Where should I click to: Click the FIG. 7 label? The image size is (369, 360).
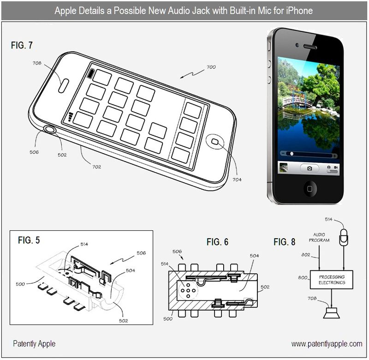coord(22,45)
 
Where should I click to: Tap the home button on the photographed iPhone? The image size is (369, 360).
coord(310,188)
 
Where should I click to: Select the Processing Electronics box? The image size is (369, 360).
coord(331,280)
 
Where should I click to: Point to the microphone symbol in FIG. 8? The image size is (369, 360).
coord(343,237)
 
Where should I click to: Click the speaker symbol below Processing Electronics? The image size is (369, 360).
coord(331,313)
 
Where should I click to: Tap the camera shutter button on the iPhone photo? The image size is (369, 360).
coord(309,168)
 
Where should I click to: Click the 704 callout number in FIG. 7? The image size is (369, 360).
coord(237,180)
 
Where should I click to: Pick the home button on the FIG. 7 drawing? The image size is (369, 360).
coord(215,142)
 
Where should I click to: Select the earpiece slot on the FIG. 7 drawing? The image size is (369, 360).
coord(63,86)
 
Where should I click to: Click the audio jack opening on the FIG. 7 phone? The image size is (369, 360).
coord(50,130)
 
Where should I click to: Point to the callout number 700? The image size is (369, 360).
coord(211,67)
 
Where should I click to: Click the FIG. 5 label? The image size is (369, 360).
coord(29,240)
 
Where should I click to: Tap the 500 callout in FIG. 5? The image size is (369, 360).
coord(20,284)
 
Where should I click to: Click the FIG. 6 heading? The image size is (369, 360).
coord(217,242)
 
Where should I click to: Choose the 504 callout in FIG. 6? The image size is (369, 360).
coord(255,256)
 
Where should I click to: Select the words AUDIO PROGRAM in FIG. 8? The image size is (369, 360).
coord(319,237)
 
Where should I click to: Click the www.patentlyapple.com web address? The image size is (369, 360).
coord(327,344)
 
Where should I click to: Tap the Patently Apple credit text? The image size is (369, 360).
coord(34,344)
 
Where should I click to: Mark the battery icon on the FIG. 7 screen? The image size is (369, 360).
coord(90,74)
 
